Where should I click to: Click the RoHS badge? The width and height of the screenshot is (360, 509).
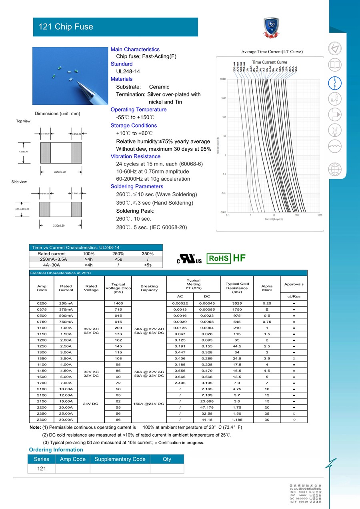(x=219, y=258)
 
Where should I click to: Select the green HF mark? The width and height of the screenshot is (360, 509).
(x=239, y=258)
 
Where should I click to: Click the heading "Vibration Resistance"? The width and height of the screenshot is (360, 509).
(x=135, y=156)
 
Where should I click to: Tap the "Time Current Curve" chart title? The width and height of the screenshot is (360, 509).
(x=269, y=62)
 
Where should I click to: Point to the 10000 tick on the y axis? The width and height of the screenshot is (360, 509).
(x=223, y=79)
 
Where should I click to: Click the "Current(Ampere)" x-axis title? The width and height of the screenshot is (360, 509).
(x=274, y=219)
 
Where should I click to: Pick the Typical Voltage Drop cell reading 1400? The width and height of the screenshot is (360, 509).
(x=118, y=303)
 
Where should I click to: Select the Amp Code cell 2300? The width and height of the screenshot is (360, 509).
(x=42, y=419)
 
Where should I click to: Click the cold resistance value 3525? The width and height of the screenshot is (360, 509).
(x=237, y=303)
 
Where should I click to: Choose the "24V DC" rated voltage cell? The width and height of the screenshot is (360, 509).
(x=91, y=404)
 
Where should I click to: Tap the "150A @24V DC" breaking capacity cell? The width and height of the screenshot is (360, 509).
(x=149, y=404)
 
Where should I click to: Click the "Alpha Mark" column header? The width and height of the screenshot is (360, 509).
(x=267, y=288)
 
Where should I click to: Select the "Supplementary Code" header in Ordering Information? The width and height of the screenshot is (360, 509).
(x=120, y=459)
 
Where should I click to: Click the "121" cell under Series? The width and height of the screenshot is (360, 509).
(x=42, y=469)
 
